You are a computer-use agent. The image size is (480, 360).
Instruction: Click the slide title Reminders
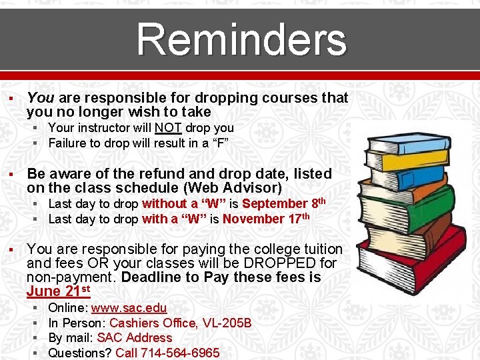click(241, 39)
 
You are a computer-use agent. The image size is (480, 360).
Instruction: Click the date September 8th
click(283, 204)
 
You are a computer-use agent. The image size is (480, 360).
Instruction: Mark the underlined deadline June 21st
click(58, 291)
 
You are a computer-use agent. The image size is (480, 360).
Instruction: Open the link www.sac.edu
click(129, 308)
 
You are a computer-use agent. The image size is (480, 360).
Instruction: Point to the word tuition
click(320, 249)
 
